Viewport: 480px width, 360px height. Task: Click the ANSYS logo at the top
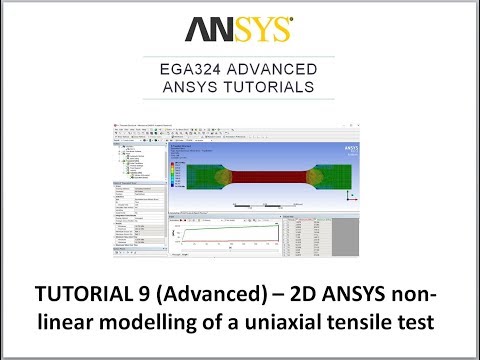click(241, 26)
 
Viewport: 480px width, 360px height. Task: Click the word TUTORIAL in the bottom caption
click(79, 297)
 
